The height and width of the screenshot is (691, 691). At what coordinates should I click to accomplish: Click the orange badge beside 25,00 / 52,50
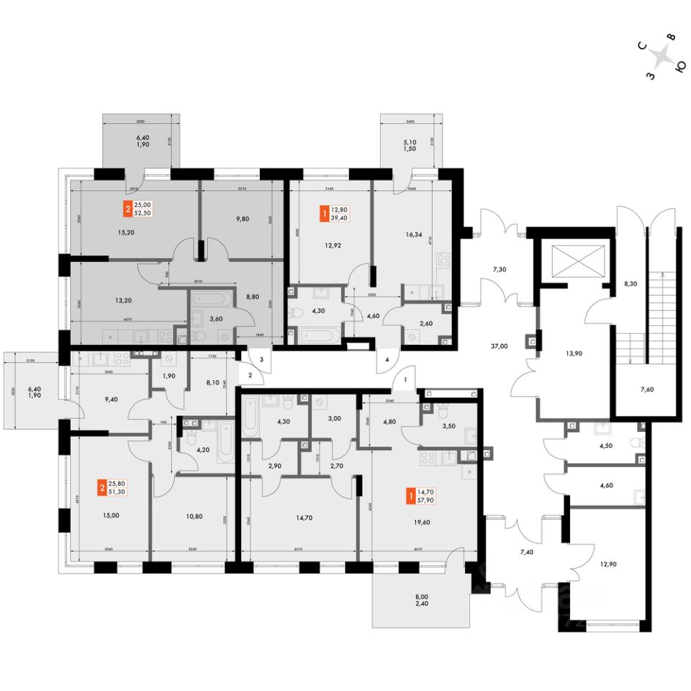tap(128, 211)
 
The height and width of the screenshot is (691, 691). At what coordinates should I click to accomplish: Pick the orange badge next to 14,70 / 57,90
tap(410, 495)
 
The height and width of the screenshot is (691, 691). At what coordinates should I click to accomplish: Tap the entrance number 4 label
tap(387, 359)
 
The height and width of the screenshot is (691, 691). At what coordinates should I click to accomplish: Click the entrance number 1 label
tap(405, 379)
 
